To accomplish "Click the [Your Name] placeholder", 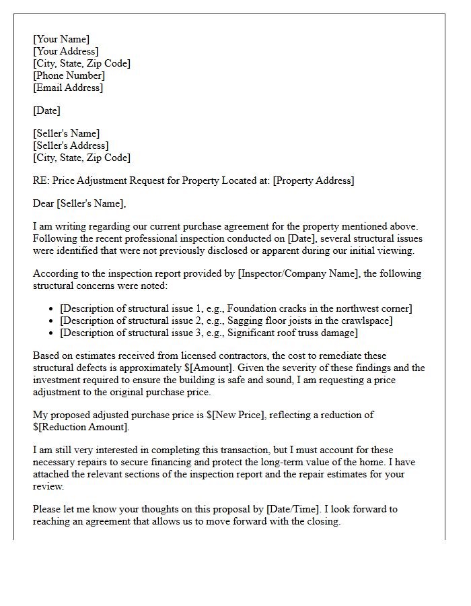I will [61, 39].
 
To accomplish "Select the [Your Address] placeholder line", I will [66, 51].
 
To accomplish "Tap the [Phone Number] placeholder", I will [69, 75].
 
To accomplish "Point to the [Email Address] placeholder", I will [68, 88].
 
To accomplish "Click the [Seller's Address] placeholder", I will [71, 145].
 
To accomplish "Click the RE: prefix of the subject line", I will [41, 180].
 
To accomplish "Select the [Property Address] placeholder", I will [313, 180].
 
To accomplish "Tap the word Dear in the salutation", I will [44, 203].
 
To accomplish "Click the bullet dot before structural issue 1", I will [52, 309].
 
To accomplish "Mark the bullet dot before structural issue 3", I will [52, 333].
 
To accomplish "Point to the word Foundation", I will [254, 308].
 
